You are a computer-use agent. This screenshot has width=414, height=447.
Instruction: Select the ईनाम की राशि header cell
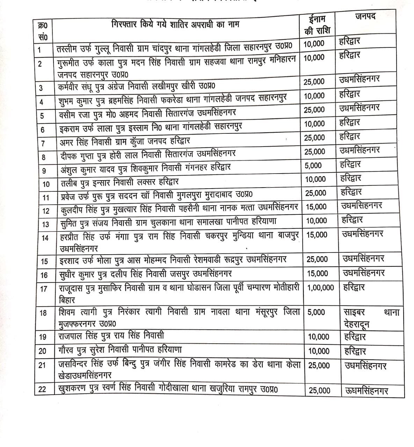pyautogui.click(x=317, y=24)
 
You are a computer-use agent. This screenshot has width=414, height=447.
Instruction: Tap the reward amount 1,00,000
pyautogui.click(x=321, y=287)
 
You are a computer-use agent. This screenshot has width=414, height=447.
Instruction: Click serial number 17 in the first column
pyautogui.click(x=44, y=289)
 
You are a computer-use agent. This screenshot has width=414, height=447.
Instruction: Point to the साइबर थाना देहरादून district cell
pyautogui.click(x=371, y=318)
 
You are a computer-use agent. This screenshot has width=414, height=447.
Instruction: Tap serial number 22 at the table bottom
pyautogui.click(x=42, y=389)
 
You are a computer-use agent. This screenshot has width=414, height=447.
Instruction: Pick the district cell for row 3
pyautogui.click(x=359, y=80)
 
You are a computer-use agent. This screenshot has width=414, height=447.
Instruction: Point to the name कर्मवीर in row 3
pyautogui.click(x=70, y=86)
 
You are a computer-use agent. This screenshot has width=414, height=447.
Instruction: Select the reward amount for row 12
pyautogui.click(x=317, y=207)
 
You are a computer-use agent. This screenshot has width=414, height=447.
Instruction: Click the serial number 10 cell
pyautogui.click(x=46, y=184)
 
